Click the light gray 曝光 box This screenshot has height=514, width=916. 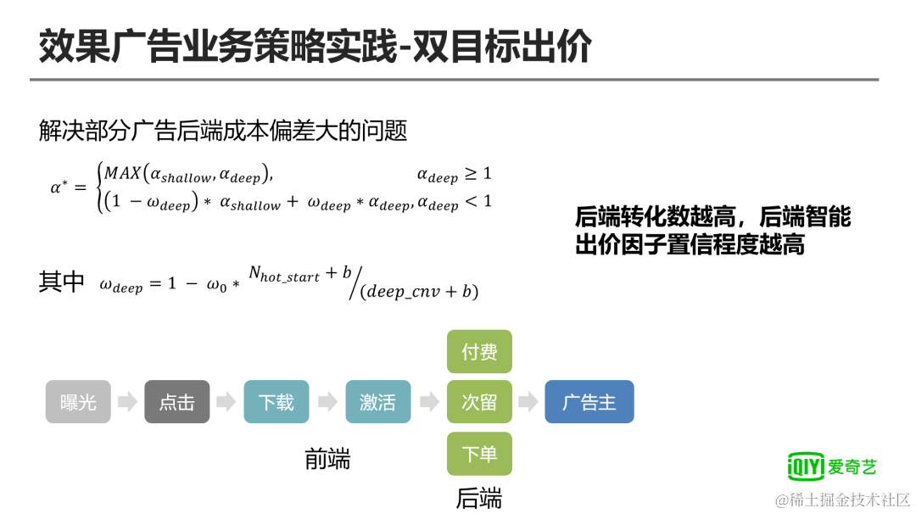(x=78, y=402)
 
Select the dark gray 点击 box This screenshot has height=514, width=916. (x=176, y=402)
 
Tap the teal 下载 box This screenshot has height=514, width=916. (x=276, y=402)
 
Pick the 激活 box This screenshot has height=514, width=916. (x=377, y=402)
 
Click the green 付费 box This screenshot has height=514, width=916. (x=479, y=351)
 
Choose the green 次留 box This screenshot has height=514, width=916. (x=479, y=402)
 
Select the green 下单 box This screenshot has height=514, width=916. (x=479, y=454)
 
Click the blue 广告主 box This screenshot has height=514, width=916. (x=589, y=402)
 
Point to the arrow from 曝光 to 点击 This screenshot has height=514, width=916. (x=127, y=402)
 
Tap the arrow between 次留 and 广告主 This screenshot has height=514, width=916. (x=528, y=402)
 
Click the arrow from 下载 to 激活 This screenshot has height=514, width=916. (x=327, y=402)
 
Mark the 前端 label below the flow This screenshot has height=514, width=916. (x=327, y=459)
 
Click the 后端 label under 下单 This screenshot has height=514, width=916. (x=478, y=498)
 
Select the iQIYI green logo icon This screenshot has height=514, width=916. (x=805, y=466)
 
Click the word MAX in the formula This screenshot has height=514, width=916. (x=121, y=174)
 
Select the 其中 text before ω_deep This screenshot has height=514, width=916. (x=61, y=282)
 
